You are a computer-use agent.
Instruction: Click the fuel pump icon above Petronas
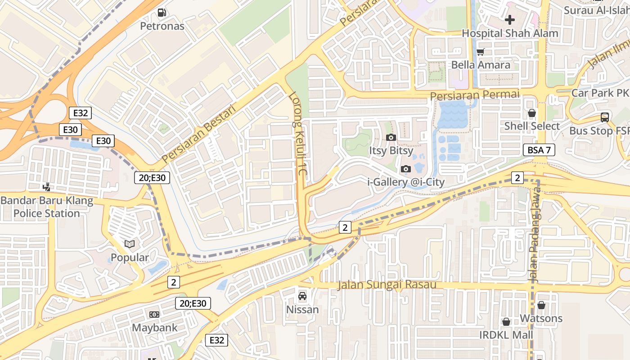pyautogui.click(x=162, y=13)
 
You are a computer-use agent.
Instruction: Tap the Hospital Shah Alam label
pyautogui.click(x=510, y=33)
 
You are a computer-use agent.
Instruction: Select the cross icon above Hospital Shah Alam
pyautogui.click(x=510, y=20)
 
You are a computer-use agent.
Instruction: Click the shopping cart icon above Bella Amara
pyautogui.click(x=481, y=52)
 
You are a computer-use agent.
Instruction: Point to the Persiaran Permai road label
pyautogui.click(x=475, y=95)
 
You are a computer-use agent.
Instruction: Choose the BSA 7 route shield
pyautogui.click(x=539, y=150)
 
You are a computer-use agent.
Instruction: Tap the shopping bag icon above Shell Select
pyautogui.click(x=532, y=113)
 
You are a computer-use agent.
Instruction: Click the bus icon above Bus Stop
pyautogui.click(x=605, y=117)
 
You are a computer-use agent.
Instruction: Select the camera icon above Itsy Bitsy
pyautogui.click(x=391, y=137)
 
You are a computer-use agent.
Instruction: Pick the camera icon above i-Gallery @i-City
pyautogui.click(x=406, y=169)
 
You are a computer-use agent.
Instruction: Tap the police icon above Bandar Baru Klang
pyautogui.click(x=46, y=186)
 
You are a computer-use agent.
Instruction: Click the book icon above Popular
pyautogui.click(x=130, y=244)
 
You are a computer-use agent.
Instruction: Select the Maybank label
pyautogui.click(x=154, y=327)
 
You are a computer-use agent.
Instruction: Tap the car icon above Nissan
pyautogui.click(x=302, y=296)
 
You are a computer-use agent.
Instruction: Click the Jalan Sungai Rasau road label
pyautogui.click(x=387, y=284)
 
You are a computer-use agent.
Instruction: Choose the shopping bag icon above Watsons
pyautogui.click(x=541, y=305)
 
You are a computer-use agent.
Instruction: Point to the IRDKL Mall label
pyautogui.click(x=506, y=335)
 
